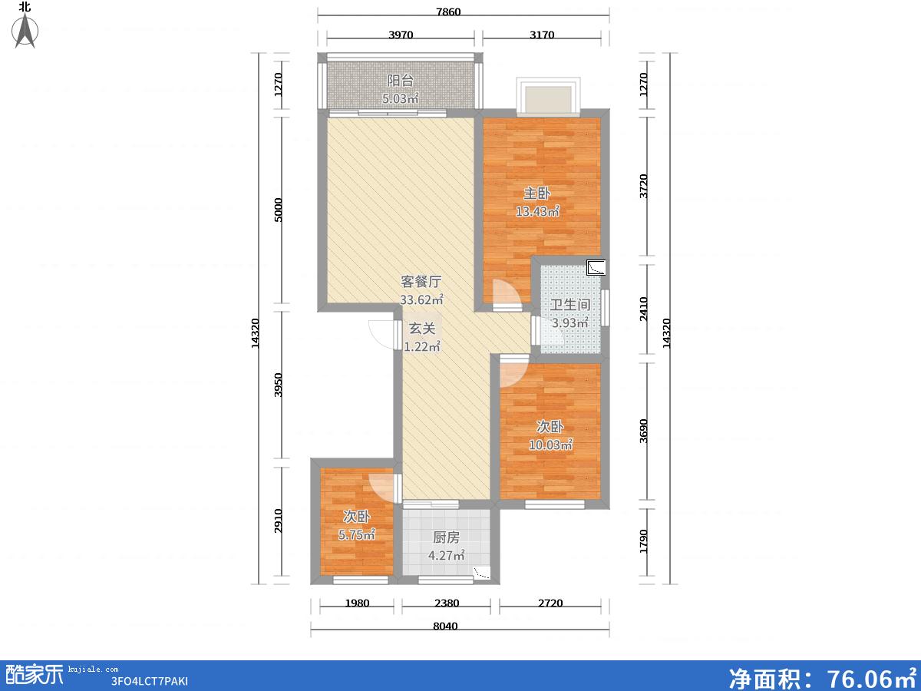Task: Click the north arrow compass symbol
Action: click(25, 30)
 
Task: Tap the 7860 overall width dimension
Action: click(448, 12)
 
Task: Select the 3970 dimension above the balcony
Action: click(401, 35)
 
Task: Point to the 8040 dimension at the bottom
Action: click(445, 626)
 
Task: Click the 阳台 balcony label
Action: click(401, 80)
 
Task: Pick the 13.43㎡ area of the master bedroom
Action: click(537, 211)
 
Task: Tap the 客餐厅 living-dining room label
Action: click(421, 282)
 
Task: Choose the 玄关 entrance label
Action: click(422, 329)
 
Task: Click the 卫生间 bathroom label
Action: click(569, 305)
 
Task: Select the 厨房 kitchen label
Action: click(446, 537)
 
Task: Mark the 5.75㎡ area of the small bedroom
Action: click(357, 534)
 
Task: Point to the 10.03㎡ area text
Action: click(550, 445)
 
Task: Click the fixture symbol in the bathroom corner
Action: click(596, 267)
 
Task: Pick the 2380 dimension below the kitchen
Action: click(447, 603)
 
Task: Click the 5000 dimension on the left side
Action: click(278, 210)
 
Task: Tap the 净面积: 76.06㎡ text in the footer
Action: click(822, 676)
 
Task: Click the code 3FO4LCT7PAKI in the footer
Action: click(150, 681)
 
